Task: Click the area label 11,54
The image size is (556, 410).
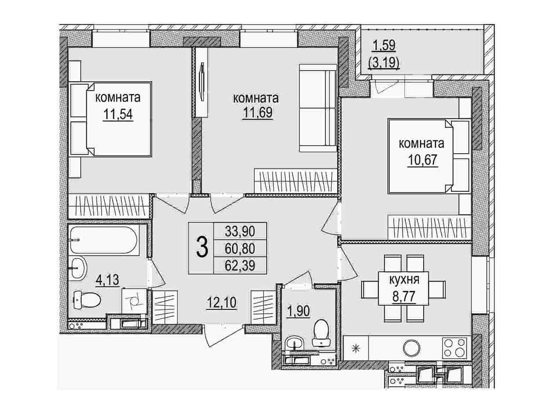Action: click(118, 115)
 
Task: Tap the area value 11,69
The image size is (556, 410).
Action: click(258, 113)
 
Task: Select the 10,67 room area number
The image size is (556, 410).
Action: click(422, 160)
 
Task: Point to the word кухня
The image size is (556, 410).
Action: click(404, 280)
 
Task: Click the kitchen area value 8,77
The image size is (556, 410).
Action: click(404, 296)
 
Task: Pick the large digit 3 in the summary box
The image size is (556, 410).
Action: click(202, 247)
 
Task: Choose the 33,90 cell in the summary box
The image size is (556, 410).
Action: click(240, 231)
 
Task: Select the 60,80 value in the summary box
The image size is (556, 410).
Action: click(240, 248)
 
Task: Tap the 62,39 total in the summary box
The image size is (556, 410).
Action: click(240, 266)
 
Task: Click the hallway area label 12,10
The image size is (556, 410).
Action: click(221, 303)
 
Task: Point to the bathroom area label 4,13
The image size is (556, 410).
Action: click(107, 280)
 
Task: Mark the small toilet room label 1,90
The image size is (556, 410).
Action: click(298, 311)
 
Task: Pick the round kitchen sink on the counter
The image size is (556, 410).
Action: click(412, 348)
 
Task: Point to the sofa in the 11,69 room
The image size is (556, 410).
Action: click(318, 108)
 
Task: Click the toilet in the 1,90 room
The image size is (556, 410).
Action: click(322, 333)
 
